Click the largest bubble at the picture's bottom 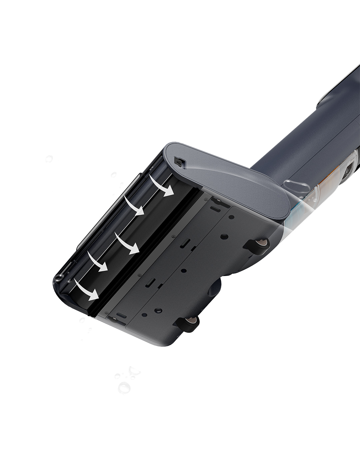click(x=124, y=388)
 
